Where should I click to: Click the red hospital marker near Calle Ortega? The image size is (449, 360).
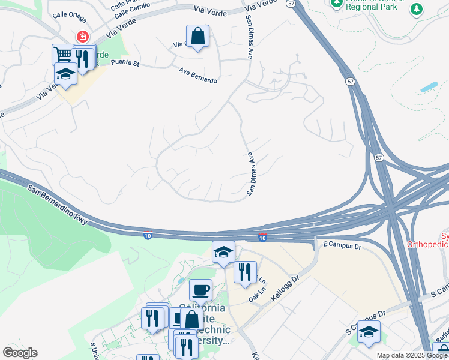point(80,37)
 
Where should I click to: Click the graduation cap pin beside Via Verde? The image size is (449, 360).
point(65,74)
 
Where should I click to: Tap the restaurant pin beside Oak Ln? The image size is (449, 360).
point(245,272)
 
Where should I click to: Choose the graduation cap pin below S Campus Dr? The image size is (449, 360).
point(369,331)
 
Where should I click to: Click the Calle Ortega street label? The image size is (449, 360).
point(69,16)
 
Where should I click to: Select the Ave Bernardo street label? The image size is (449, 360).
point(197,75)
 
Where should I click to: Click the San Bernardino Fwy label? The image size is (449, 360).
point(58,205)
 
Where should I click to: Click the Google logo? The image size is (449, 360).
point(20,353)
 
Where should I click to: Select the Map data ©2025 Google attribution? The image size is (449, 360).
point(412,355)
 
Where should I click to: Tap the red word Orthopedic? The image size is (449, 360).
point(427,244)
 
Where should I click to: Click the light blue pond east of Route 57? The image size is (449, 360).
point(429,87)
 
